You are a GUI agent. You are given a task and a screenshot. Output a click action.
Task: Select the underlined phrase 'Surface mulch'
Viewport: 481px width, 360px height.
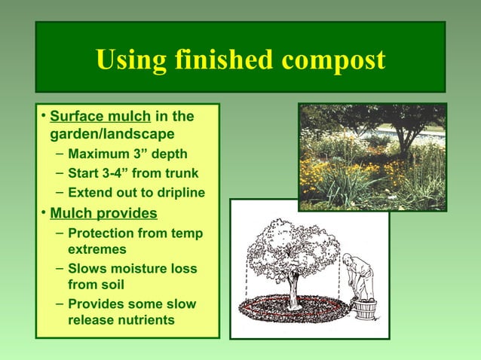point(100,117)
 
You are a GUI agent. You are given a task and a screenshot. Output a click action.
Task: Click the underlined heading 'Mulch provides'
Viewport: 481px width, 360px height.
point(103,213)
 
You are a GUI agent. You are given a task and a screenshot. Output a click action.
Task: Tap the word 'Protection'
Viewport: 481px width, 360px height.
point(103,233)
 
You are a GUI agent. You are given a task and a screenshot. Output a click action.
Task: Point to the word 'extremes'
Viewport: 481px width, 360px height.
point(97,249)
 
